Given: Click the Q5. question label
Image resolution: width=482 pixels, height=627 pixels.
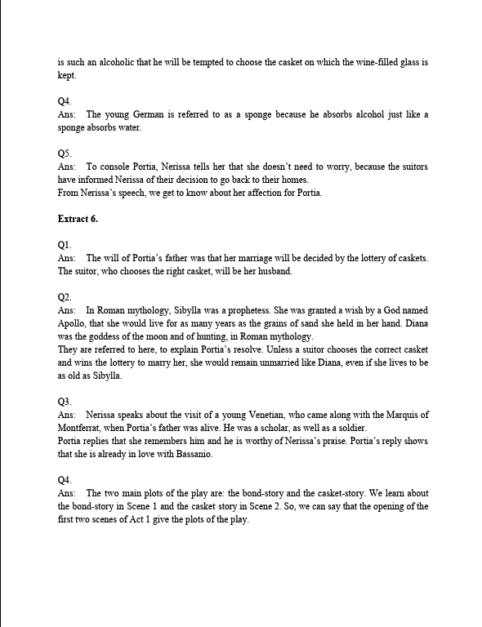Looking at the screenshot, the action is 65,153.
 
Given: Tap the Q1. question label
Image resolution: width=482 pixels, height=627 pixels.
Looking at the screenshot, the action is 65,245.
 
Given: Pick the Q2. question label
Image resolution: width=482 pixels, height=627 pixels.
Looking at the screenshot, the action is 65,297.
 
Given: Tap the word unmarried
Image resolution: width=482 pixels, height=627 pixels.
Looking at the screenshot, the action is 285,363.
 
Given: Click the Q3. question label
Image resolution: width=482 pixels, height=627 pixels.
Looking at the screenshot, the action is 65,402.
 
